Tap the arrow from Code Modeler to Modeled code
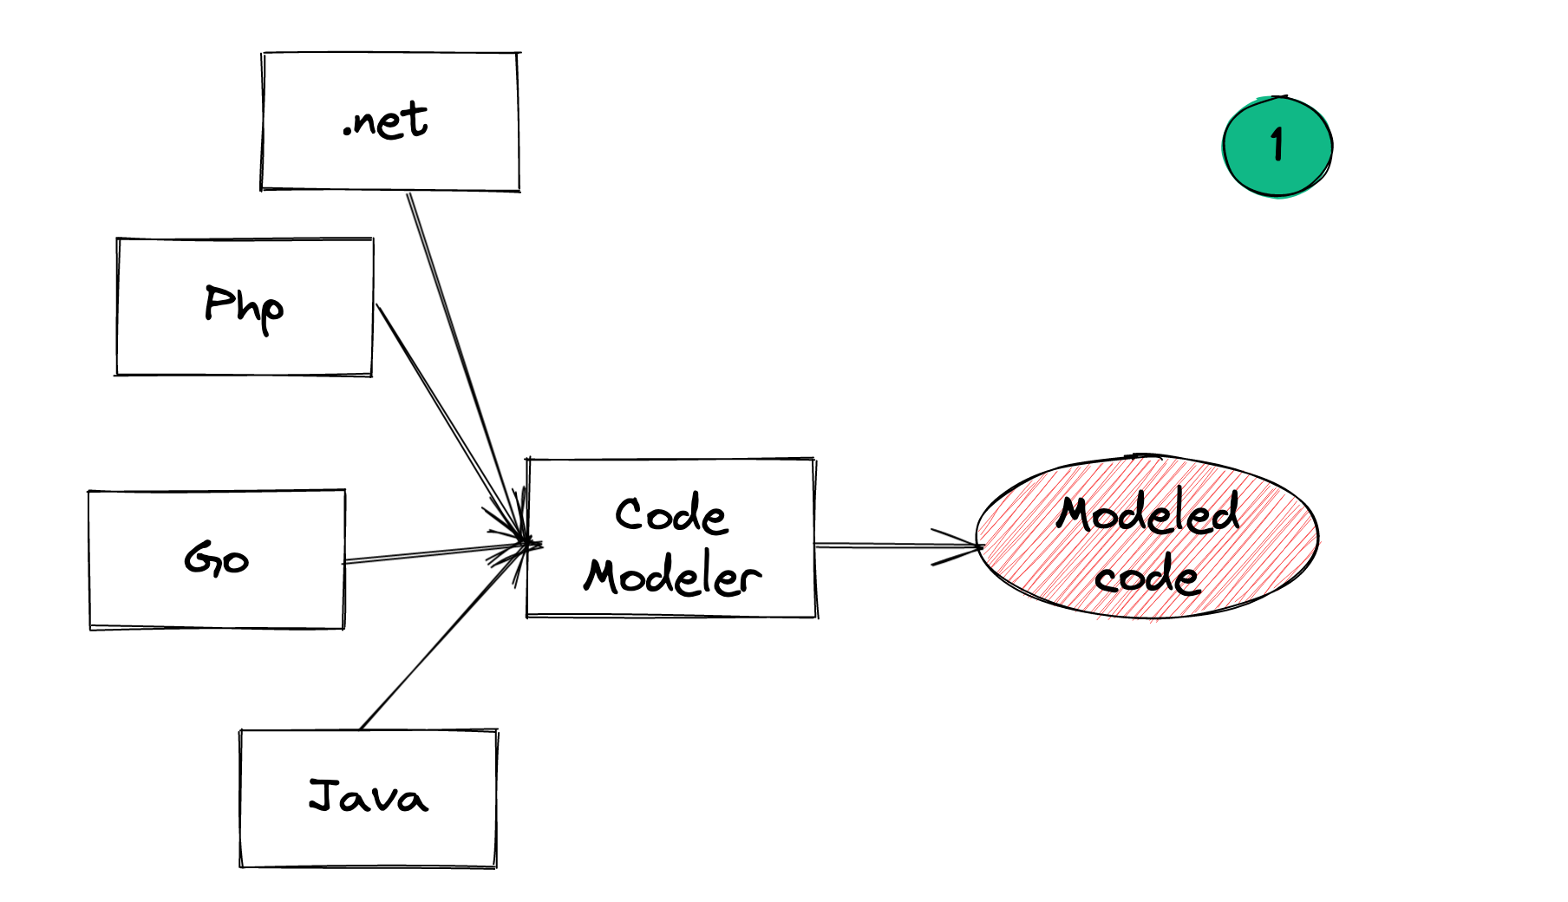[x=893, y=546]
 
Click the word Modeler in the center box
[x=672, y=577]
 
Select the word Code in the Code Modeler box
[x=671, y=515]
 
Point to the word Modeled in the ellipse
[x=1147, y=513]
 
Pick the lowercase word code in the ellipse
[x=1147, y=576]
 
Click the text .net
[x=386, y=121]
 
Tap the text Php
[x=244, y=307]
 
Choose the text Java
[x=369, y=796]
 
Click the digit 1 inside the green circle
[x=1277, y=145]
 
